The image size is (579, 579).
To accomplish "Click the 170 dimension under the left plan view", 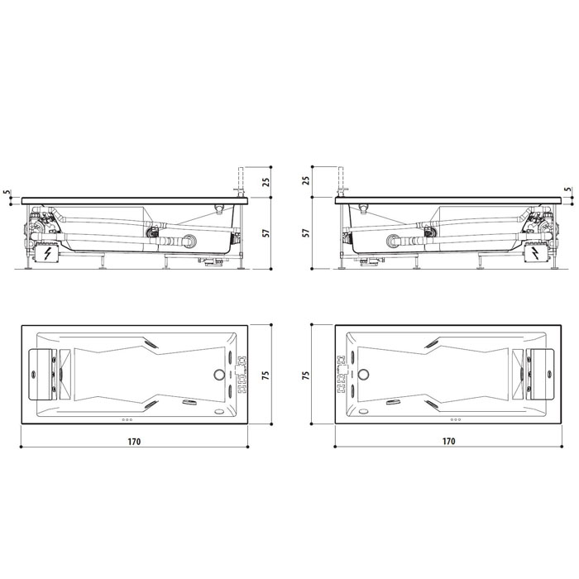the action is coord(134,441).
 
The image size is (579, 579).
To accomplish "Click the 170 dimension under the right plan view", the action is coord(448,441).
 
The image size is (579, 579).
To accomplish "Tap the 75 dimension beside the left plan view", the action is coord(266,376).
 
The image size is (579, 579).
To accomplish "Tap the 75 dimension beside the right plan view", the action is coord(306,376).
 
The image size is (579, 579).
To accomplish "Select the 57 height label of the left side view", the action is coord(266,233).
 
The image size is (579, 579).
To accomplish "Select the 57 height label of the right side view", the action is coord(305,233).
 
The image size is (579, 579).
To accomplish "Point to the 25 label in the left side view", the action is coord(266,182).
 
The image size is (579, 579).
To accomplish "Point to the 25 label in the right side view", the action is coord(306,181).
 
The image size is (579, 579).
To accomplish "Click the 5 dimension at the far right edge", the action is coord(568,189).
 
